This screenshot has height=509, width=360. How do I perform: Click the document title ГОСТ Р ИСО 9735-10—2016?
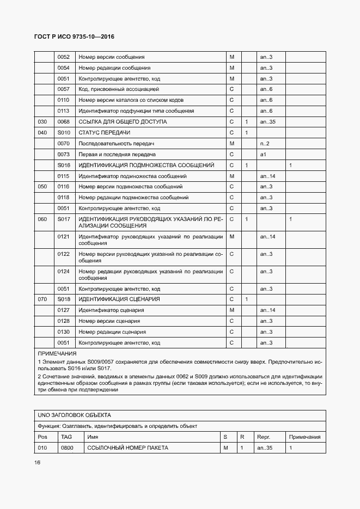[x=76, y=37]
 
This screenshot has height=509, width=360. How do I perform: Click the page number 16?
[x=37, y=463]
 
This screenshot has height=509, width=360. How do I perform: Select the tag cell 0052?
[x=63, y=57]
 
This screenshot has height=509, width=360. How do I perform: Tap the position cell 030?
[x=42, y=122]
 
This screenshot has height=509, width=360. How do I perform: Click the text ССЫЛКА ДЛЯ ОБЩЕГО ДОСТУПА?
[x=123, y=122]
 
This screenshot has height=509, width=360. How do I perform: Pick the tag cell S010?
[x=64, y=133]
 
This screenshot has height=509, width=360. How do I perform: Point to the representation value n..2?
[x=265, y=144]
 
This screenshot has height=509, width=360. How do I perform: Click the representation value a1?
[x=263, y=155]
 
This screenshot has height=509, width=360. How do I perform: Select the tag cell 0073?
[x=63, y=155]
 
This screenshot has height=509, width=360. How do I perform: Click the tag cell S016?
[x=64, y=165]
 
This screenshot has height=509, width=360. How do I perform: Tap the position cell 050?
[x=42, y=187]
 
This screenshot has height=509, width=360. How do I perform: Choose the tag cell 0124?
[x=63, y=271]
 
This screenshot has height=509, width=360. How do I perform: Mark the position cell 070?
[x=42, y=299]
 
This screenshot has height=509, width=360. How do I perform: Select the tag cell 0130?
[x=63, y=332]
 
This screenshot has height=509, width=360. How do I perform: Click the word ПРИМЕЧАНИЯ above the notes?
[x=57, y=354]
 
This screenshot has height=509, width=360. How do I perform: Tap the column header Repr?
[x=264, y=437]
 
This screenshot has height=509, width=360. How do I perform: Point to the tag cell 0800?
[x=67, y=448]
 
